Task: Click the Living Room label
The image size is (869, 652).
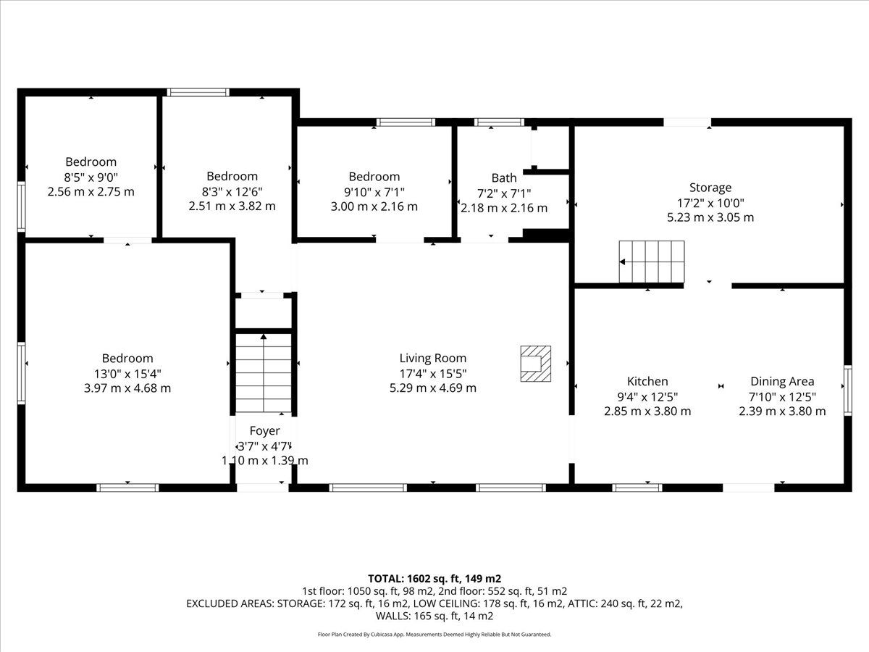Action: click(433, 359)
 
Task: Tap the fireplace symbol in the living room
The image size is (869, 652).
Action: click(536, 364)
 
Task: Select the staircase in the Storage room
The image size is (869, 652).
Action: click(652, 262)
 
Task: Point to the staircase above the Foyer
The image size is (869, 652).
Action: click(264, 374)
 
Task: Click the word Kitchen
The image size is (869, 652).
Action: click(647, 381)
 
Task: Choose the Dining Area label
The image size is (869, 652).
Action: click(782, 381)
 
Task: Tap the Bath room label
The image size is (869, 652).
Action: click(504, 177)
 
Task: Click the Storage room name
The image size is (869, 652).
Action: click(710, 187)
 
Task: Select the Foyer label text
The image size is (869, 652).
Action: click(264, 431)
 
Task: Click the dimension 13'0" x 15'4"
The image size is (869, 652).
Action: click(127, 373)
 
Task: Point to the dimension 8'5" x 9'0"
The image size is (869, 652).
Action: click(91, 177)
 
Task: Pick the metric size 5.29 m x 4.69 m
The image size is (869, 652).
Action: click(433, 388)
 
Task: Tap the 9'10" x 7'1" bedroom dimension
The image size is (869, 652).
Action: click(374, 192)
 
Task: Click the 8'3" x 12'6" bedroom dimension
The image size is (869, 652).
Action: click(232, 191)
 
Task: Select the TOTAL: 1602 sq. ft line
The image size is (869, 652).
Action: click(434, 578)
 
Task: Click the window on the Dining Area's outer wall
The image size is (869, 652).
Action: click(847, 390)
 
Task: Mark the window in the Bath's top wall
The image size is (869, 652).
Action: click(499, 122)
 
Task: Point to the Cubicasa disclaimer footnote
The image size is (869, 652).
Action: click(434, 635)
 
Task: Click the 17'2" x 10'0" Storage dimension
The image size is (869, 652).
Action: click(710, 203)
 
